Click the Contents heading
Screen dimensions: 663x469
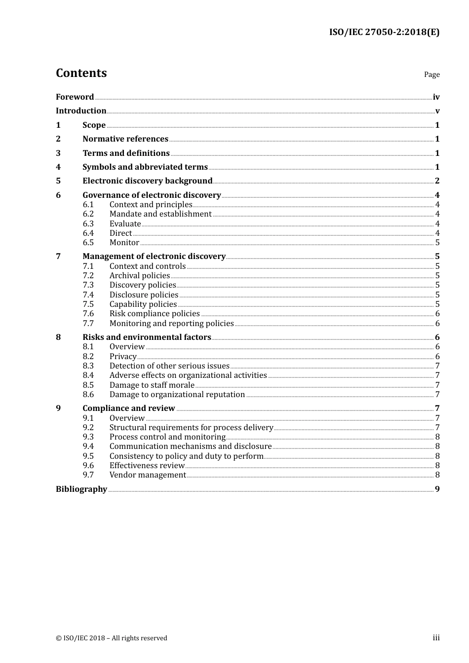(81, 73)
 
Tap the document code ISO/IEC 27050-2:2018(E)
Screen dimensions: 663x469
(384, 32)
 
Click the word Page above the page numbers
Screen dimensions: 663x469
(431, 74)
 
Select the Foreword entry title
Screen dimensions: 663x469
(75, 97)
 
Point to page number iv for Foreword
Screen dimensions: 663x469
(436, 97)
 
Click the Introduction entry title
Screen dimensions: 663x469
(81, 110)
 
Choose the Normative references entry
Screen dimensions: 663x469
(125, 139)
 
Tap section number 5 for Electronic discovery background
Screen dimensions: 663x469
(58, 181)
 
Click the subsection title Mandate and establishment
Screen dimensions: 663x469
(160, 214)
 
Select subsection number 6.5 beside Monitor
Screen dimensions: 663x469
(88, 243)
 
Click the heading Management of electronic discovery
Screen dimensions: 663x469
(154, 257)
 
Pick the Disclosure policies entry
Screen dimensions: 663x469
(144, 295)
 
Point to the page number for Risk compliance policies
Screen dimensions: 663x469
(437, 314)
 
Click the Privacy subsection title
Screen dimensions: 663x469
(123, 357)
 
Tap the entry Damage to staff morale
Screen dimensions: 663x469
(152, 385)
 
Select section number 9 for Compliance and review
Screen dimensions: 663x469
(58, 408)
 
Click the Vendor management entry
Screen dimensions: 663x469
(148, 475)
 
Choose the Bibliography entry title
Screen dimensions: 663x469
(81, 489)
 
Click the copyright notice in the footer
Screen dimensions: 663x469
(112, 638)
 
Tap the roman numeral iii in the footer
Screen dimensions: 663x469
(436, 638)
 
